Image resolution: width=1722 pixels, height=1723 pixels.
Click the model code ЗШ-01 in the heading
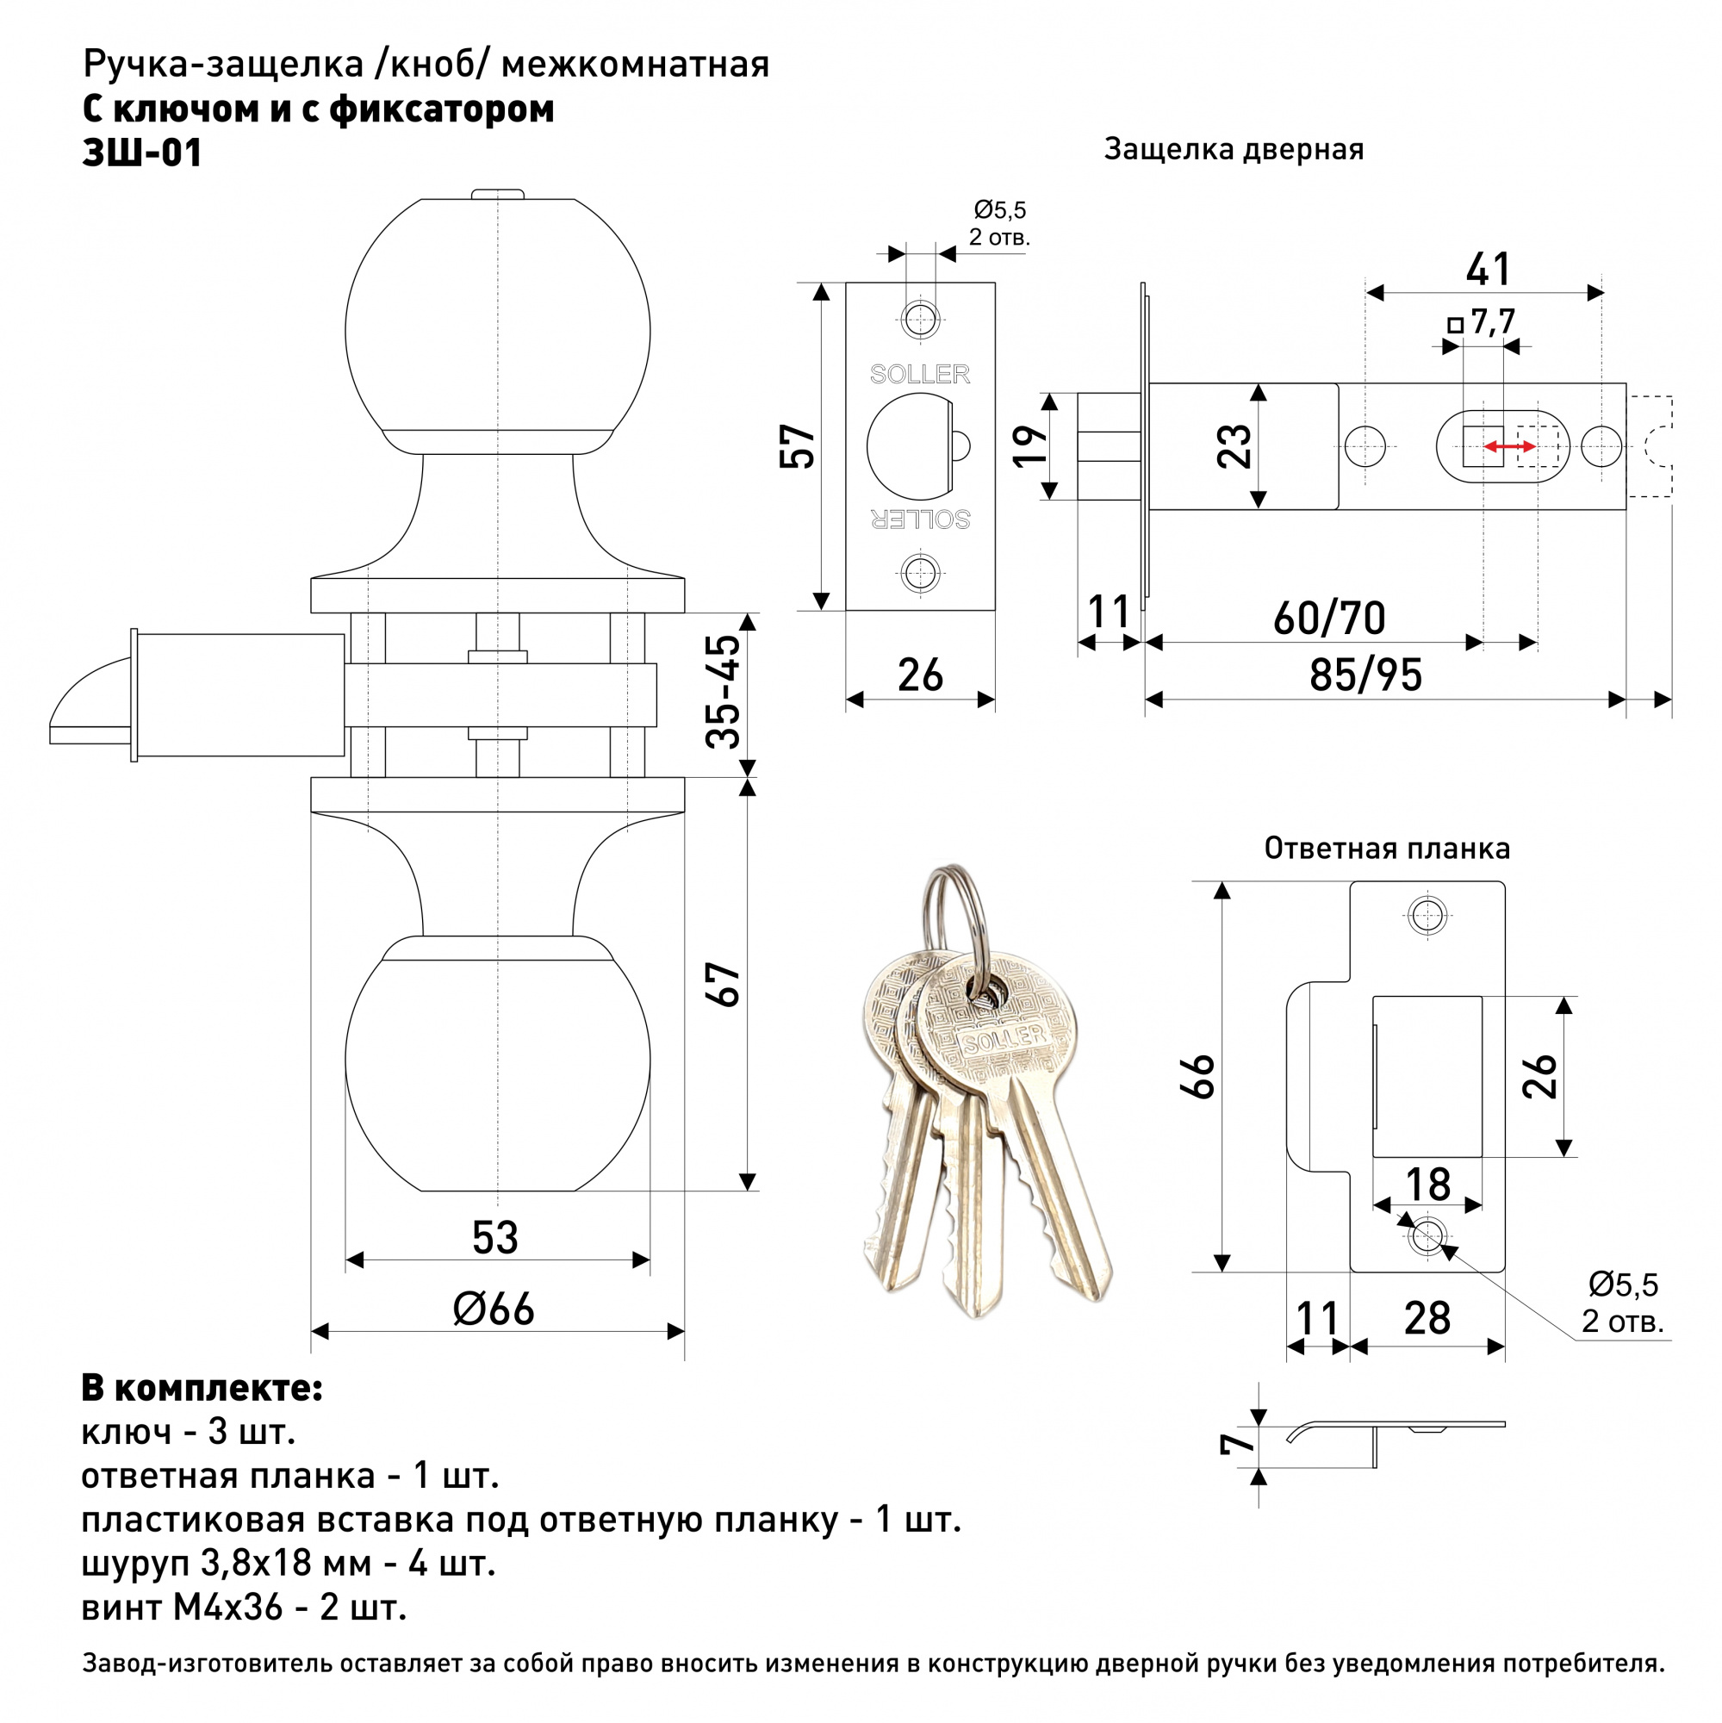pyautogui.click(x=142, y=152)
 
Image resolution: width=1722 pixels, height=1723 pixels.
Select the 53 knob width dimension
pyautogui.click(x=495, y=1237)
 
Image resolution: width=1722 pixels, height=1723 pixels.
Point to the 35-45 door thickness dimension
pyautogui.click(x=724, y=691)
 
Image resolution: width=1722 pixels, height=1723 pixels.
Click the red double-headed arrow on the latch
pyautogui.click(x=1509, y=447)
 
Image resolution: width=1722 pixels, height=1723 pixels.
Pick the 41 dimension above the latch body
pyautogui.click(x=1488, y=270)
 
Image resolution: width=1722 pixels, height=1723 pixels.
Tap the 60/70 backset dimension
pyautogui.click(x=1328, y=618)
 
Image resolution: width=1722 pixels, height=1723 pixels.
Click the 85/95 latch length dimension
pyautogui.click(x=1365, y=675)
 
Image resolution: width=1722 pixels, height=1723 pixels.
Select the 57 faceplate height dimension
pyautogui.click(x=797, y=446)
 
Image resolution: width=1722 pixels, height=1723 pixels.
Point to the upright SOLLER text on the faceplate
pyautogui.click(x=919, y=375)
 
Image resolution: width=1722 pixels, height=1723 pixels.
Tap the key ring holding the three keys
pyautogui.click(x=957, y=918)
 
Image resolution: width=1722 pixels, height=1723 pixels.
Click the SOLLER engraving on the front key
pyautogui.click(x=1004, y=1038)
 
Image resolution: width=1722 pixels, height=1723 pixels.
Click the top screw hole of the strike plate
pyautogui.click(x=1427, y=914)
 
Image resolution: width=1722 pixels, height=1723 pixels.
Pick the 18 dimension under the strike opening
pyautogui.click(x=1427, y=1185)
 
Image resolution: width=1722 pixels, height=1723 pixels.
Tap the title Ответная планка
pyautogui.click(x=1387, y=848)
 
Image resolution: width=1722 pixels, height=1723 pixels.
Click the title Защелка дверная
pyautogui.click(x=1234, y=149)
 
